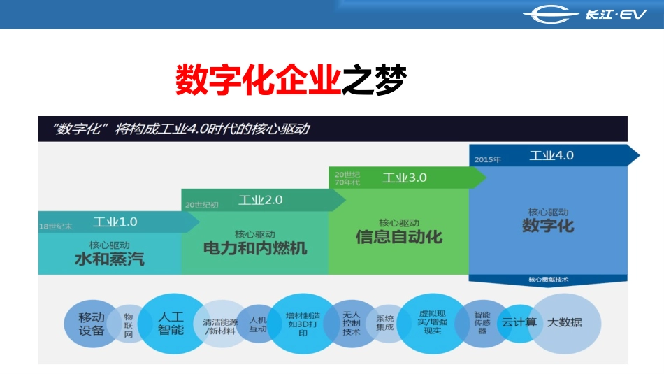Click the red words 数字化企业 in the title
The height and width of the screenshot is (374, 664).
(x=257, y=80)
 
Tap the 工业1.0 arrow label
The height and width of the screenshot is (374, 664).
(x=115, y=222)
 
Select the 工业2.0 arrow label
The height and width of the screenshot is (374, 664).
(x=261, y=200)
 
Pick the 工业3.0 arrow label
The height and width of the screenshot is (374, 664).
(x=404, y=178)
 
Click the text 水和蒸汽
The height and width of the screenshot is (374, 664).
(x=110, y=259)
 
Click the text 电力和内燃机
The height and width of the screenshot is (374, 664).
(x=255, y=248)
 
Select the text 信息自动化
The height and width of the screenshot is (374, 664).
(x=399, y=236)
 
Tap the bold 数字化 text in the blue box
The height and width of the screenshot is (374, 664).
(x=548, y=225)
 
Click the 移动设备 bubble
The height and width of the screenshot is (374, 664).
(x=91, y=324)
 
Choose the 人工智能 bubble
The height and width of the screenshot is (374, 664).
(x=171, y=323)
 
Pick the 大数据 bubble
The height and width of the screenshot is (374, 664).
(x=565, y=323)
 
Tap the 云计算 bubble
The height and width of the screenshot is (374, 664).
(x=519, y=323)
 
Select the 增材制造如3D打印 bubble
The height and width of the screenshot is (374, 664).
(x=303, y=324)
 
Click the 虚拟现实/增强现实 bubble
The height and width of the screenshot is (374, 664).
(x=432, y=323)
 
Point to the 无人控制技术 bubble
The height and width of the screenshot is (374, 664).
(x=351, y=323)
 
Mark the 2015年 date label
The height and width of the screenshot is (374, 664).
(x=487, y=159)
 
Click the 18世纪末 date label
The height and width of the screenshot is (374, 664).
(x=55, y=226)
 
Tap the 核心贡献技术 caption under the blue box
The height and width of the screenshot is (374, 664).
(x=548, y=280)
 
